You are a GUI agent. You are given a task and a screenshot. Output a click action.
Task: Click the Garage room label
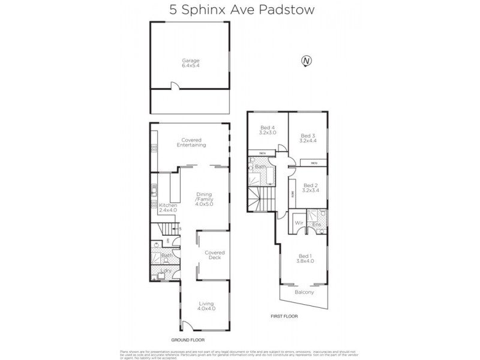[x=191, y=63]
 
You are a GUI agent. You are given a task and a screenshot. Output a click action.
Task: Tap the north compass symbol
[x=307, y=61]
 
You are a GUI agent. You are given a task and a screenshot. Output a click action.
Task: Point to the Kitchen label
[x=167, y=208]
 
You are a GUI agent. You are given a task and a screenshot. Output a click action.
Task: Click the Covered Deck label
[x=214, y=254]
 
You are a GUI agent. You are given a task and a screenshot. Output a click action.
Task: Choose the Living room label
[x=206, y=306]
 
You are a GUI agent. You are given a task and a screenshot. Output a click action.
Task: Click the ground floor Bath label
[x=167, y=256]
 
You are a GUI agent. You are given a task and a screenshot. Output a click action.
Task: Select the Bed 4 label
[x=267, y=130]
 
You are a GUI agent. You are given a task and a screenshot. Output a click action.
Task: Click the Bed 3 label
[x=308, y=139]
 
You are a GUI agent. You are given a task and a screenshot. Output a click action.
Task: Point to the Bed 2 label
[x=310, y=188]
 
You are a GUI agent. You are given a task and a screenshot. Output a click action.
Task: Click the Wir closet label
[x=298, y=224]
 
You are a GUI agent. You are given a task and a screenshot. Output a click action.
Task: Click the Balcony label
[x=304, y=292]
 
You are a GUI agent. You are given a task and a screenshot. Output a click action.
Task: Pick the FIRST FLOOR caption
[x=284, y=316]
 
